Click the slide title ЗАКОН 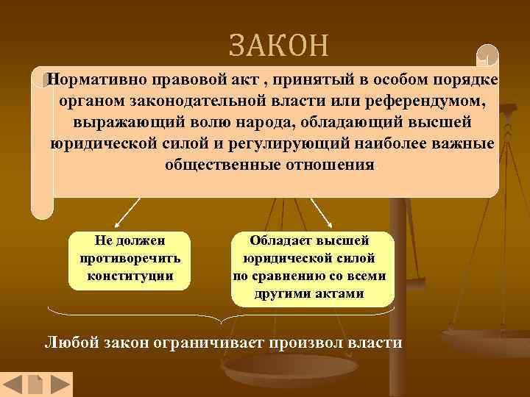(278, 46)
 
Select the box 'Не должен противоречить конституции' (130, 259)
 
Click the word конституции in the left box (130, 276)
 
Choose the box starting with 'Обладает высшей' (313, 268)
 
